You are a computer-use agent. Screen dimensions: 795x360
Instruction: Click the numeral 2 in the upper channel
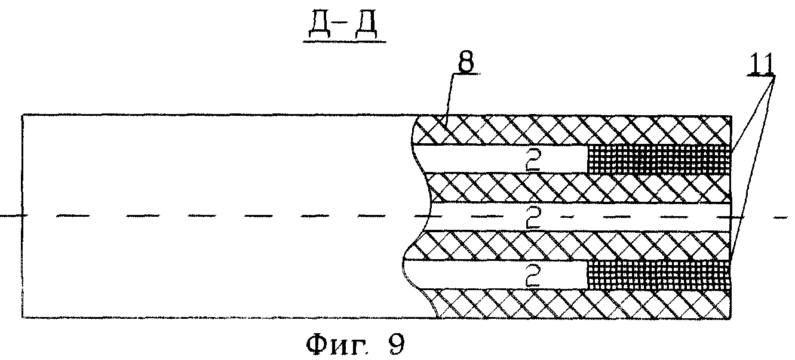pyautogui.click(x=533, y=161)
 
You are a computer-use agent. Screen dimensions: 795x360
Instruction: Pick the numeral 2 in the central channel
pyautogui.click(x=533, y=218)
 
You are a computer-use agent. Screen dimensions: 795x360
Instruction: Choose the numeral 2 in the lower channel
pyautogui.click(x=533, y=276)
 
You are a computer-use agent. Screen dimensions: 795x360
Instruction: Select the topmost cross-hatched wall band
pyautogui.click(x=573, y=129)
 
